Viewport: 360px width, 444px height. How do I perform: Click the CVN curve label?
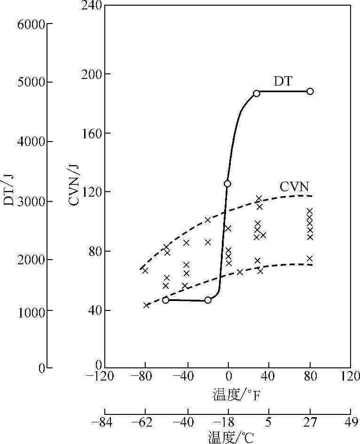(x=294, y=186)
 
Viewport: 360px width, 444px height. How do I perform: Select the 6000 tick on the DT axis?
(x=31, y=24)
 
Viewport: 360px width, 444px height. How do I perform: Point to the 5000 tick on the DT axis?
(x=31, y=83)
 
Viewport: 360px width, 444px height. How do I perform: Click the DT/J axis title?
(x=9, y=190)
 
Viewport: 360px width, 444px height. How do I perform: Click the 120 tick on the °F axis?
(x=350, y=377)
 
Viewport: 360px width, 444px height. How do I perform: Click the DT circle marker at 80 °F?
(x=310, y=91)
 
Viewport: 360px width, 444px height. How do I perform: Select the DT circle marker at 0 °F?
(x=227, y=183)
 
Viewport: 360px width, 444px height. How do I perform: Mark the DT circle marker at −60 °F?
(x=165, y=300)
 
